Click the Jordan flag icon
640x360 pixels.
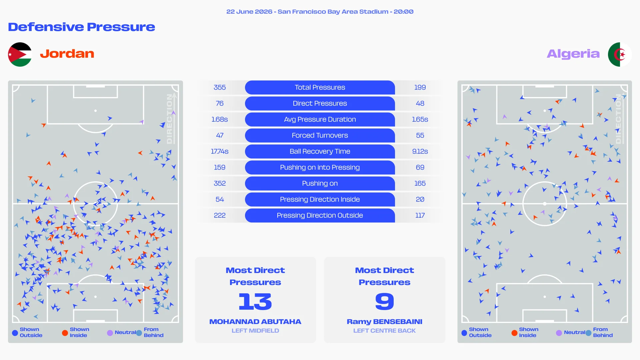(x=20, y=54)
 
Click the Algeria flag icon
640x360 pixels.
(x=620, y=54)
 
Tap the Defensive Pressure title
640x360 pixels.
(x=81, y=27)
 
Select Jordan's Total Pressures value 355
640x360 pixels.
(x=220, y=87)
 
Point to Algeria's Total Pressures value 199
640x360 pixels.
(x=420, y=87)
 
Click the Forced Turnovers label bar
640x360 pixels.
(x=320, y=135)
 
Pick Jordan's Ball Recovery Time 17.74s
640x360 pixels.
(x=220, y=151)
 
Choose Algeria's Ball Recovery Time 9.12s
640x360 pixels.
(x=420, y=151)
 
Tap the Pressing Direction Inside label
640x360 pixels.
(x=320, y=199)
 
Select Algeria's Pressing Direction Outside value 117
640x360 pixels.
(x=420, y=215)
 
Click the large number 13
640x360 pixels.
(x=255, y=301)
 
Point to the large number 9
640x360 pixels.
(x=385, y=301)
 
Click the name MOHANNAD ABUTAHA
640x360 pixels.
(x=255, y=322)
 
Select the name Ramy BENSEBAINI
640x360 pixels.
(x=385, y=322)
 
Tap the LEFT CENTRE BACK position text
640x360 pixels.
(x=385, y=331)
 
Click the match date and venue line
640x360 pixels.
(x=320, y=12)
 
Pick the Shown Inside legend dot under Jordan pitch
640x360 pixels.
(x=65, y=333)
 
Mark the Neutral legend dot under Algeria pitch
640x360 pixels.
(x=559, y=333)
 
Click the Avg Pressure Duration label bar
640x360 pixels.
(x=320, y=119)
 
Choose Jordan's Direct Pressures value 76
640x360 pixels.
(x=220, y=103)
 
